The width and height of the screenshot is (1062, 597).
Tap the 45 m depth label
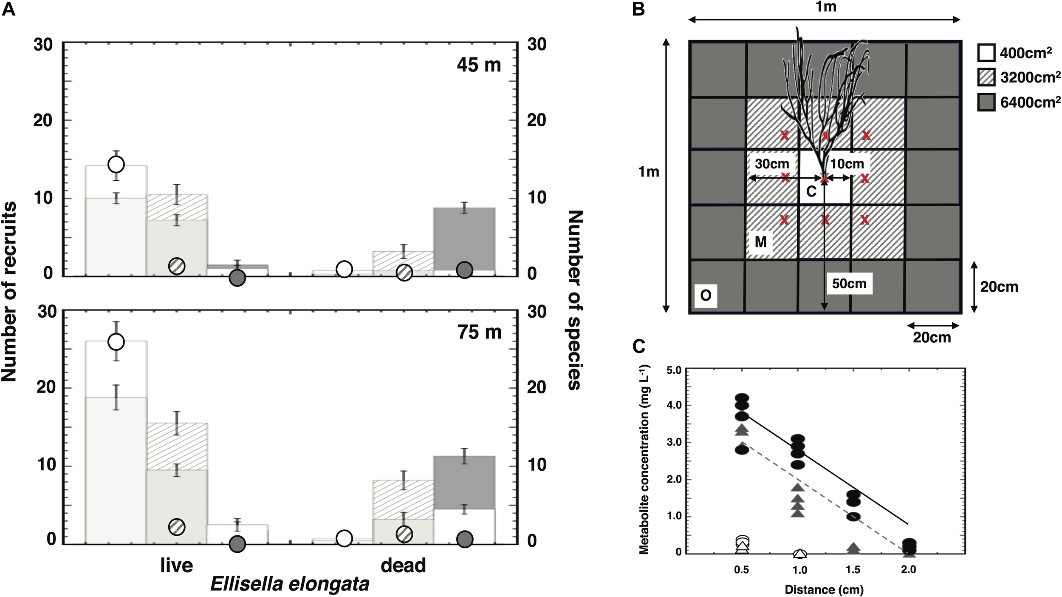click(479, 65)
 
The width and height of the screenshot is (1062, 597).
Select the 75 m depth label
click(479, 332)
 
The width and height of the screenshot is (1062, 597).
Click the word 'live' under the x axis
click(176, 566)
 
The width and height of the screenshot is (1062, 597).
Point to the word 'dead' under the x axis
click(403, 566)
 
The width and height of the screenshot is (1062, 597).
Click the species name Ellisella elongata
click(290, 584)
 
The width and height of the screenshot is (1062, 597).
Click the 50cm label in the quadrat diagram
click(849, 284)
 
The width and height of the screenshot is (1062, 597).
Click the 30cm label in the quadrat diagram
click(772, 164)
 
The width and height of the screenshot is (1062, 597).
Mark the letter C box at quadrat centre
click(811, 192)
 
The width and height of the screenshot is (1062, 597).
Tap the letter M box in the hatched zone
click(760, 242)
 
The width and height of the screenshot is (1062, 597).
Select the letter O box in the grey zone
click(705, 295)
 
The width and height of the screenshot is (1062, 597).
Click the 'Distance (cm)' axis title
click(824, 590)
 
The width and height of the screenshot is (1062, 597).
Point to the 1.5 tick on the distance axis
click(853, 570)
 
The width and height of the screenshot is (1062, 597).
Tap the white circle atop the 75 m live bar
click(116, 341)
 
